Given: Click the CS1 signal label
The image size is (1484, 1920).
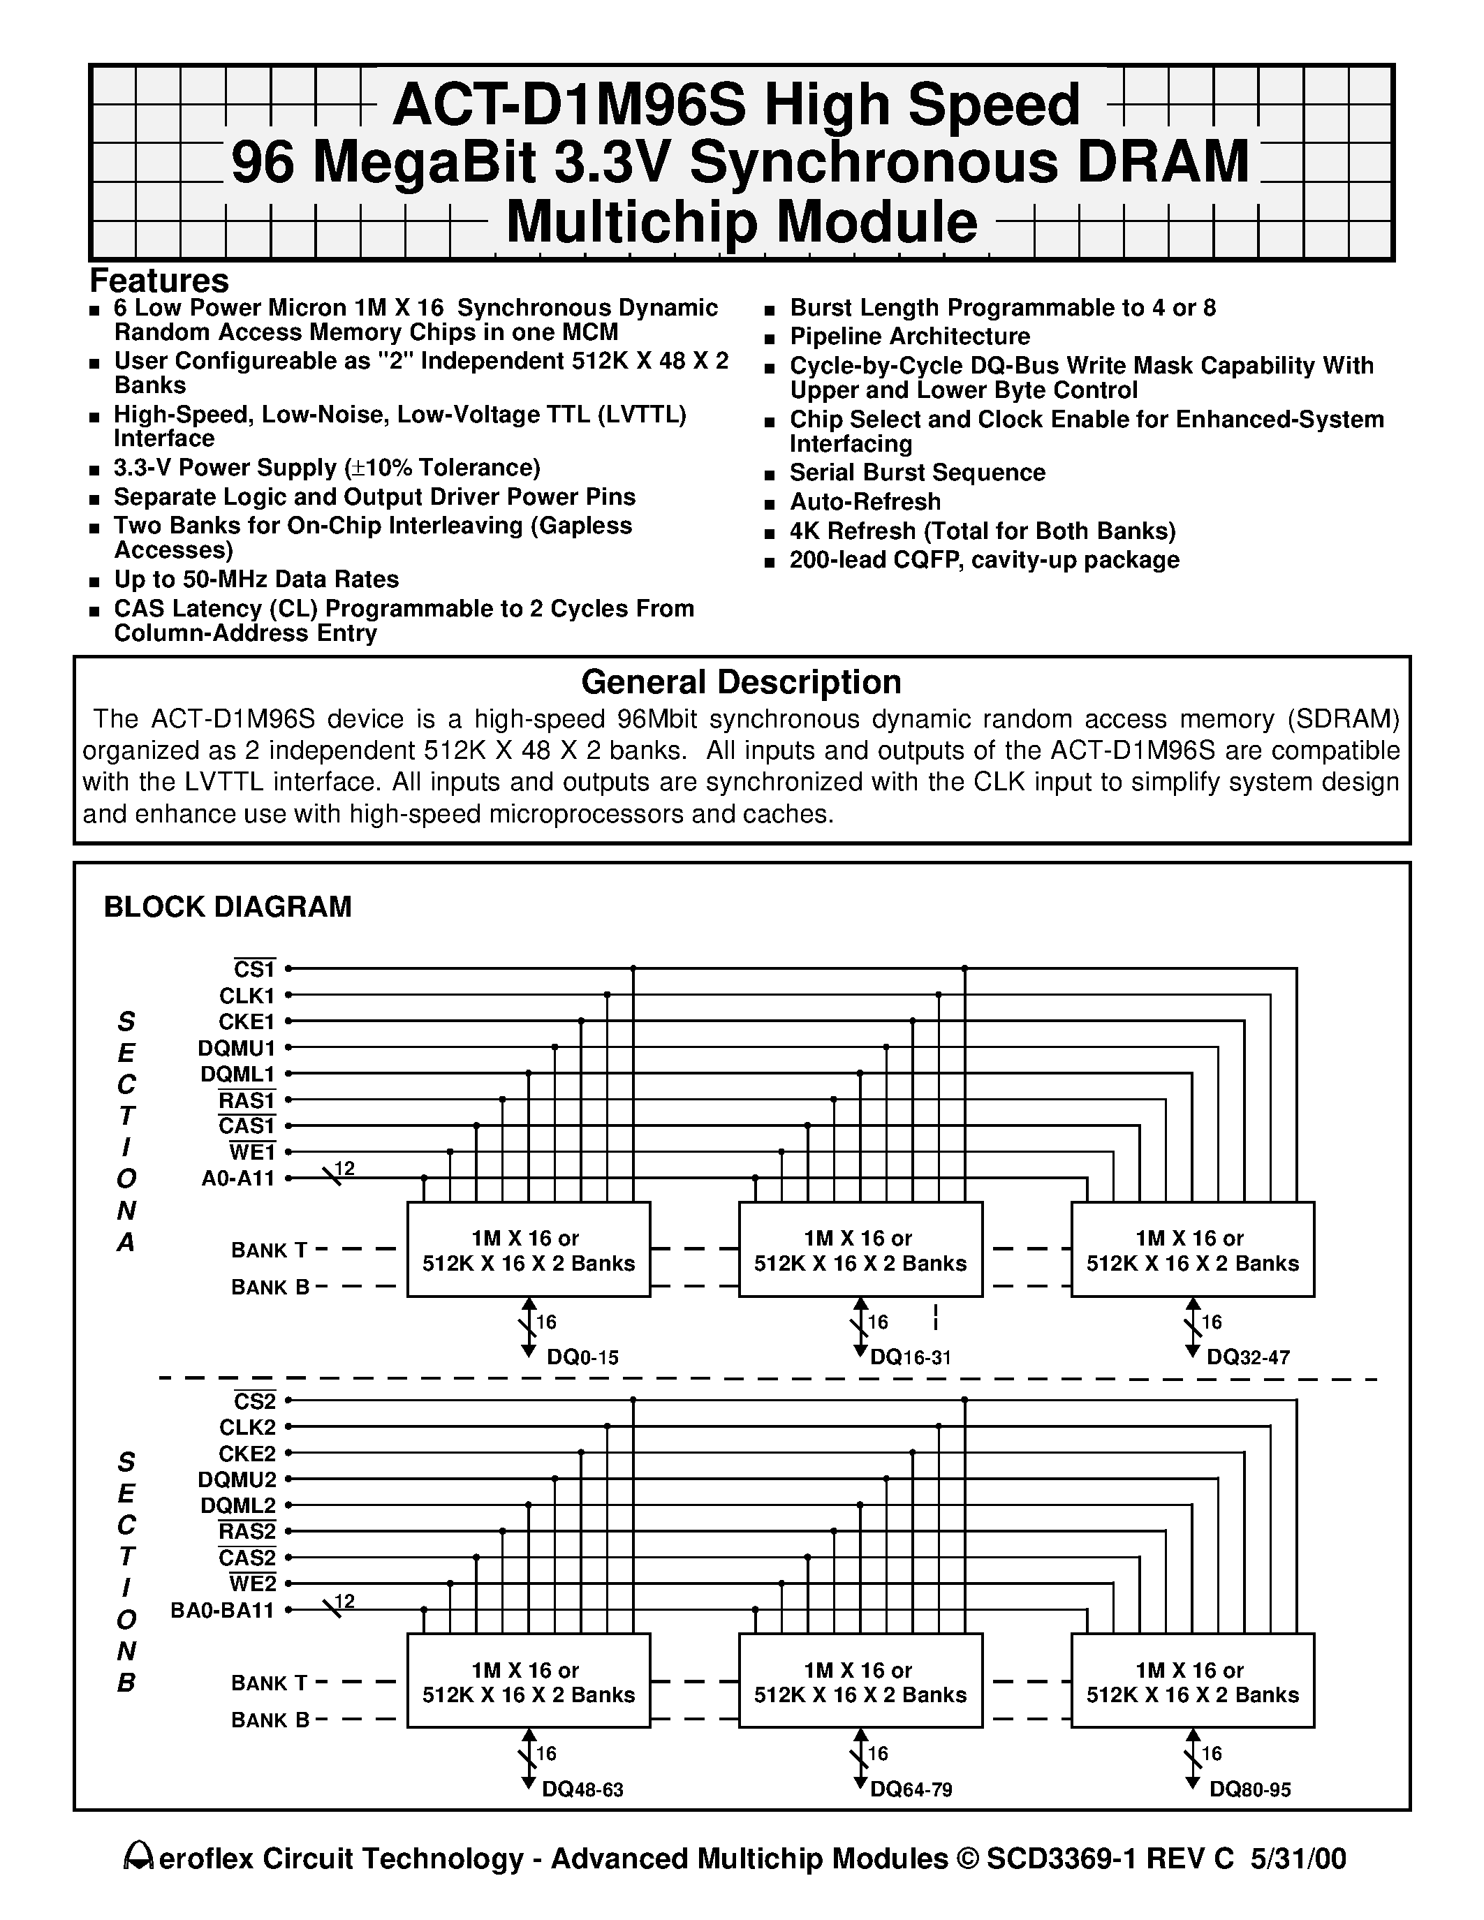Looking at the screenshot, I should [x=255, y=969].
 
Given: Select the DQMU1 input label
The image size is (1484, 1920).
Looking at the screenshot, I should [x=237, y=1048].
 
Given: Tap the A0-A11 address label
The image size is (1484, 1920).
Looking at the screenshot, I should [x=238, y=1178].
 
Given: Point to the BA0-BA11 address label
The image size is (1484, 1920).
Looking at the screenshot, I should [x=222, y=1611].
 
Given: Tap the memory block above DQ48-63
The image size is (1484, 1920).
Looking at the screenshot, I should [x=529, y=1682].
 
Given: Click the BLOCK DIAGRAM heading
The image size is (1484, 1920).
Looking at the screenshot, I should [x=228, y=906].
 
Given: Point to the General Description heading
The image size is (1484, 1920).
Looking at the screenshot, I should [x=741, y=682].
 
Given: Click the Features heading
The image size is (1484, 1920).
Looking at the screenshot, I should [x=159, y=281].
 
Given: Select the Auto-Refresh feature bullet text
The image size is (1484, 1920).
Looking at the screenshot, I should [x=865, y=502].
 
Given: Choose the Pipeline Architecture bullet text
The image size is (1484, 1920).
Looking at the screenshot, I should [x=910, y=337].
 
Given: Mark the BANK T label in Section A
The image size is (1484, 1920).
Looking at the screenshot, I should [x=269, y=1250].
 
